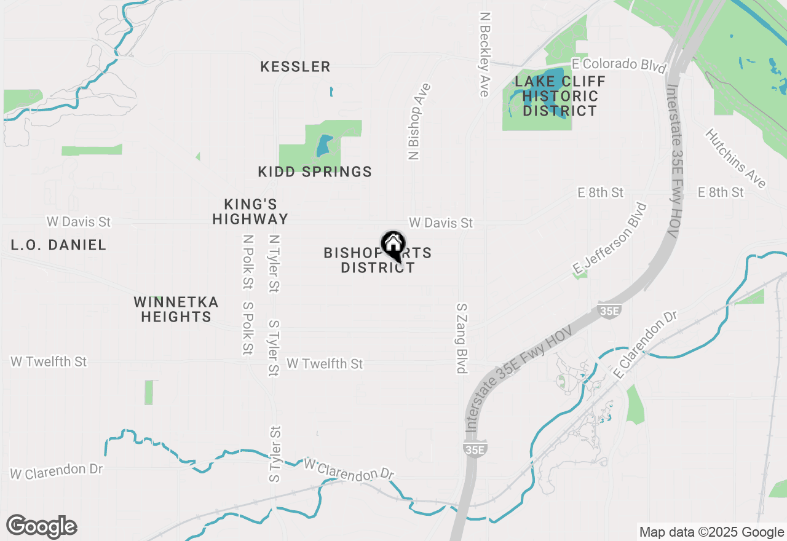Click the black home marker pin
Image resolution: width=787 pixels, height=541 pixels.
[393, 245]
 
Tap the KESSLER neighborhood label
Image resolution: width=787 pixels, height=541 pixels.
[295, 66]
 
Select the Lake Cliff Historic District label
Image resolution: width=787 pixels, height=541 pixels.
[560, 97]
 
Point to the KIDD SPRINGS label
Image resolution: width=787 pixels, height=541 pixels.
[315, 172]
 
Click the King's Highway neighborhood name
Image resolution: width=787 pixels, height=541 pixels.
[250, 211]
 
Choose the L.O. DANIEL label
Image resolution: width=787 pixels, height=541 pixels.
[58, 245]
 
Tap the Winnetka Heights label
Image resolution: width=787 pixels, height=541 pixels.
[176, 309]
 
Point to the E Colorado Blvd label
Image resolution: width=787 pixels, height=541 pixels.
[619, 65]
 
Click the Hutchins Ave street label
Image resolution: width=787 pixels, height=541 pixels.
[735, 159]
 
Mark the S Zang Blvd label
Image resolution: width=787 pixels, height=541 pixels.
[462, 338]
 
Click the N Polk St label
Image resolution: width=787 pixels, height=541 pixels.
[248, 262]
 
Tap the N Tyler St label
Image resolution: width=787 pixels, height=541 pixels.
[274, 263]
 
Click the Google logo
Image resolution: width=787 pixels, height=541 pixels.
[41, 526]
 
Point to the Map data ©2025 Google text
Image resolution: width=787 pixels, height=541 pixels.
[711, 532]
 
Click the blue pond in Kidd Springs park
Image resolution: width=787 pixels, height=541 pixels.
[323, 146]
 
